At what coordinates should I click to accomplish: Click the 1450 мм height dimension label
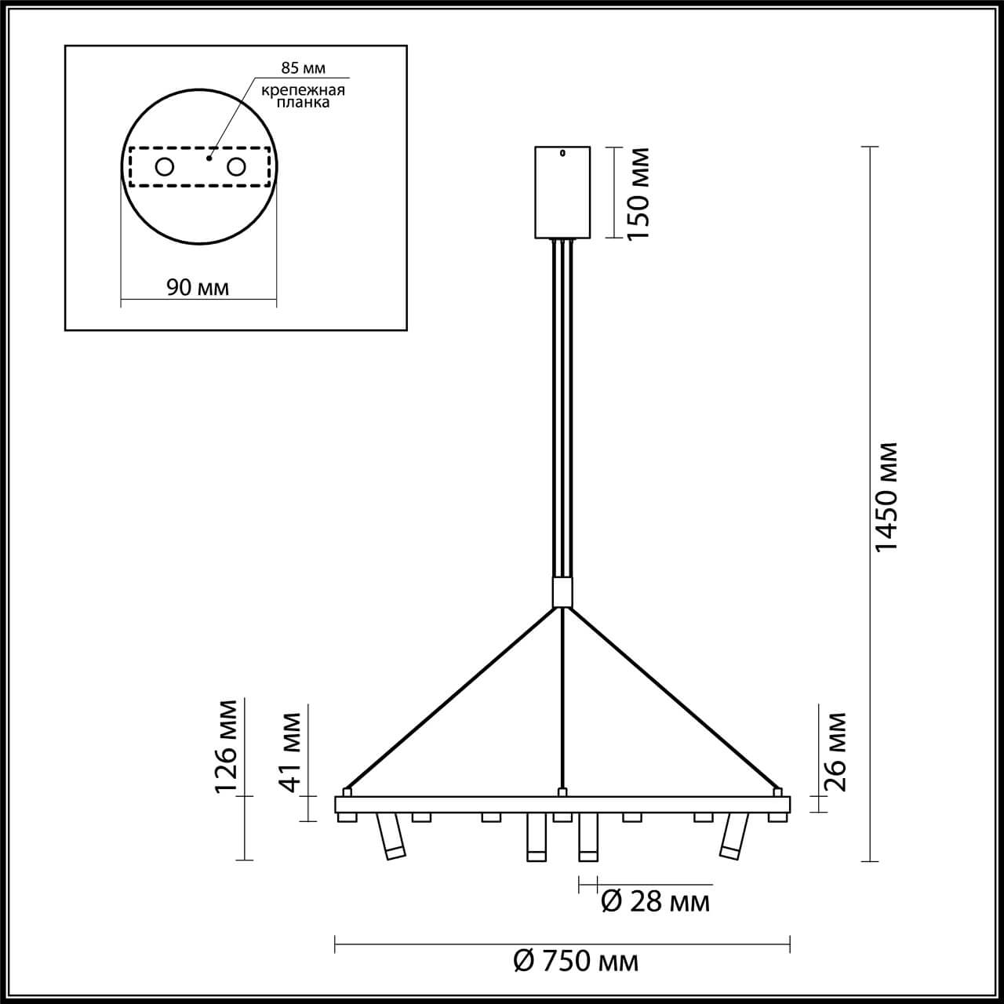tap(886, 497)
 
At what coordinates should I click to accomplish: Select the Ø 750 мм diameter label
tap(576, 960)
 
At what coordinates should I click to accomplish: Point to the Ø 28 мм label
tap(655, 902)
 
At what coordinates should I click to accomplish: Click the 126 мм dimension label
tap(227, 746)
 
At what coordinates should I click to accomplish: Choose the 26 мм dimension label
tap(836, 751)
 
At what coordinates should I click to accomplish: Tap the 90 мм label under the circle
tap(198, 287)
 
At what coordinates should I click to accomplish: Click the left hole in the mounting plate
tap(165, 167)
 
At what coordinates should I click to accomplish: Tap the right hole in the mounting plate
tap(235, 167)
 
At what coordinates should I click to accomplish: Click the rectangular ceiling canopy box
tap(562, 192)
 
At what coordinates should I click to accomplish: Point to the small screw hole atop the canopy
tap(562, 154)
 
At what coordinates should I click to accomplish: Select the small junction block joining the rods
tap(562, 592)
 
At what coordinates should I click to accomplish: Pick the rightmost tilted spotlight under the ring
tap(732, 837)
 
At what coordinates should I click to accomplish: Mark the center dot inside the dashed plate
tap(209, 158)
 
